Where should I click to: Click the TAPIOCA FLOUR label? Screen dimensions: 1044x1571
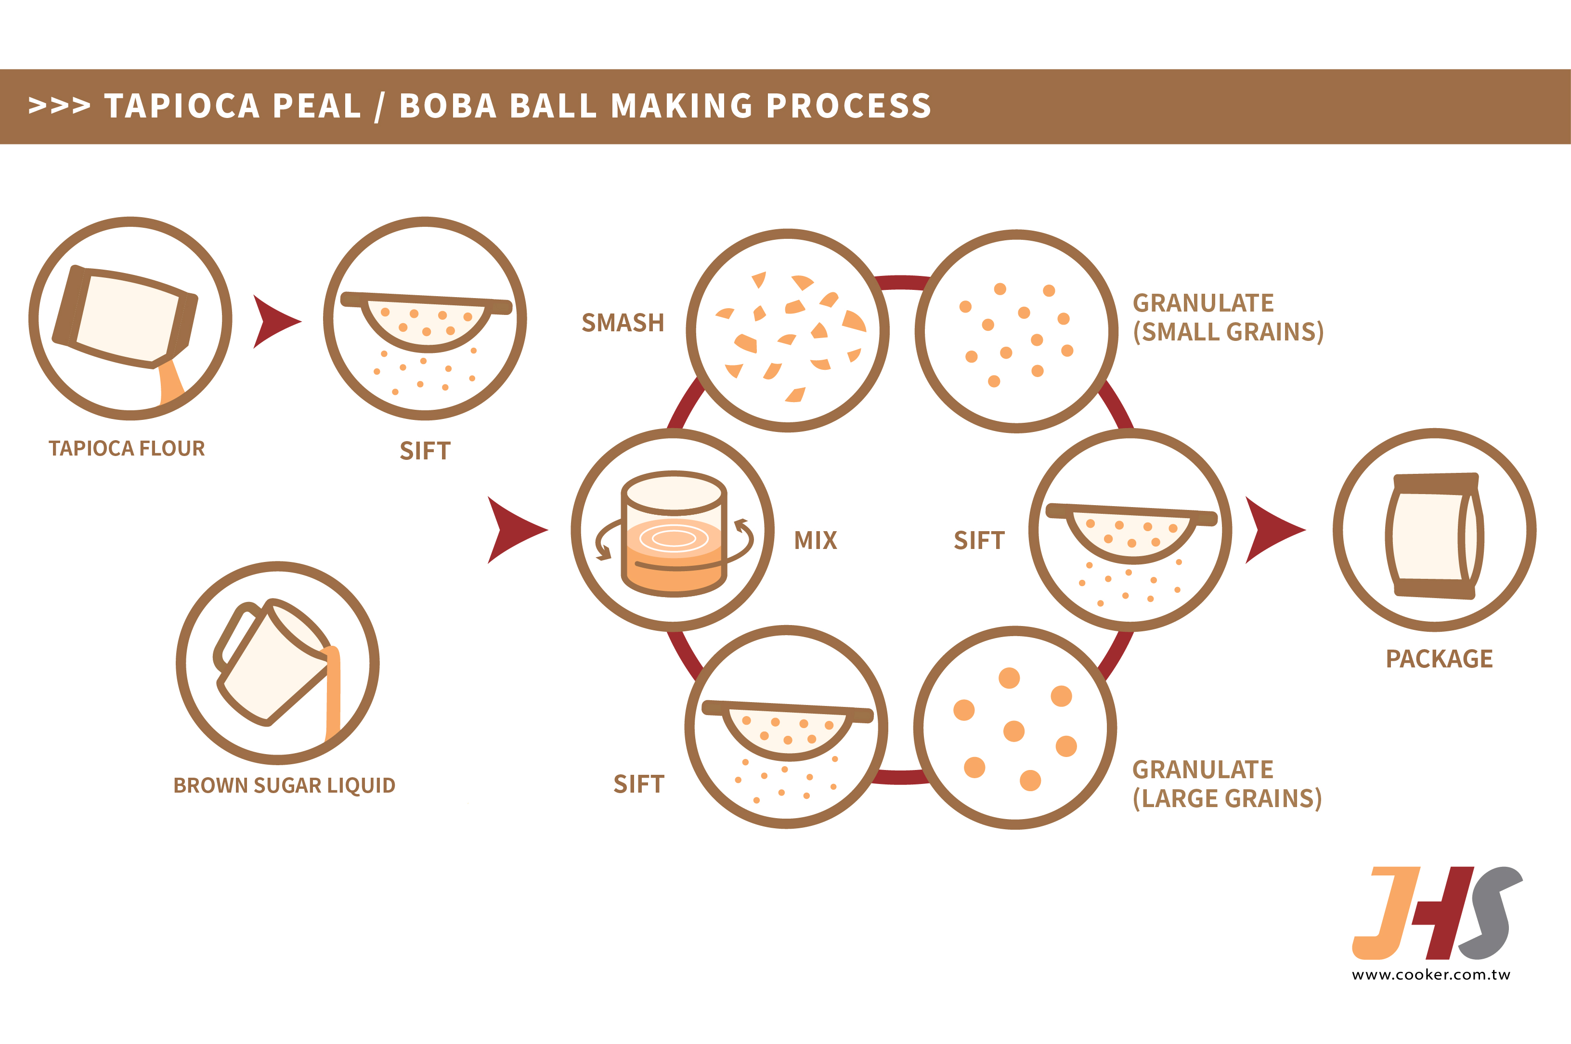coord(127,448)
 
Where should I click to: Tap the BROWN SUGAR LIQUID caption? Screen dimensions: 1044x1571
coord(284,786)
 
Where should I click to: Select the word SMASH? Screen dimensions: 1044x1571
coord(623,323)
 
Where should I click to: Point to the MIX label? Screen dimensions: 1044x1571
coord(816,540)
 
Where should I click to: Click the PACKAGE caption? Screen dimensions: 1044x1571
coord(1439,659)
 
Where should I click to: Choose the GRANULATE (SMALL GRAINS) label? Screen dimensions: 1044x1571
coord(1228,318)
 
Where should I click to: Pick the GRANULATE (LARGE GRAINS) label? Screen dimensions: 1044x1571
coord(1226,784)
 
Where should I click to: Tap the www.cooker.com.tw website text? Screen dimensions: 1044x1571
coord(1430,975)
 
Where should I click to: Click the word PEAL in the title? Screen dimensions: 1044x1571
coord(316,106)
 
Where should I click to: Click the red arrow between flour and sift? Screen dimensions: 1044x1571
coord(273,322)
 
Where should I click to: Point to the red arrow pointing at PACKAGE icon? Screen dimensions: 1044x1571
coord(1272,530)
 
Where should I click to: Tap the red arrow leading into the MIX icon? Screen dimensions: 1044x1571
coord(514,530)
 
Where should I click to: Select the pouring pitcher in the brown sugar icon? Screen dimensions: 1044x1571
coord(273,663)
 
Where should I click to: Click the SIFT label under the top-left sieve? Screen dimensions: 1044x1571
coord(425,451)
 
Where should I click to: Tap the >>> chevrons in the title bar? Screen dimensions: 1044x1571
coord(59,106)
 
